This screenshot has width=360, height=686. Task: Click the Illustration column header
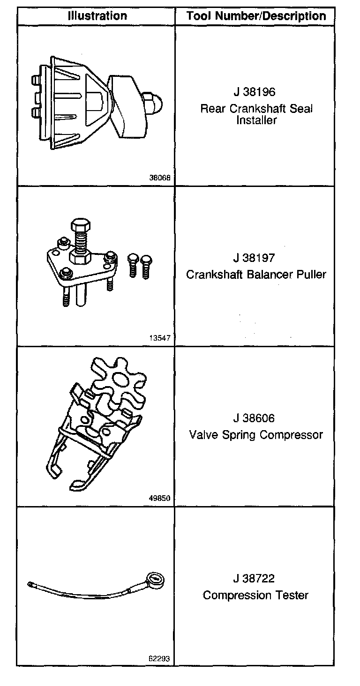pyautogui.click(x=97, y=15)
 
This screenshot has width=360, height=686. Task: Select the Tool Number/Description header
pyautogui.click(x=255, y=16)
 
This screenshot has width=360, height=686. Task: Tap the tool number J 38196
pyautogui.click(x=255, y=91)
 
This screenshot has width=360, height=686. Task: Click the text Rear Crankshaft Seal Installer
pyautogui.click(x=256, y=114)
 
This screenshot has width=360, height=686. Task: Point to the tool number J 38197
pyautogui.click(x=255, y=258)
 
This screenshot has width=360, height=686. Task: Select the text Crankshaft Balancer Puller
pyautogui.click(x=255, y=274)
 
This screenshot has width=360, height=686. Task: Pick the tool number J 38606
pyautogui.click(x=255, y=418)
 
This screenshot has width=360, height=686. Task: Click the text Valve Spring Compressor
pyautogui.click(x=256, y=435)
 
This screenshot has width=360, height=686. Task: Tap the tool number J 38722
pyautogui.click(x=255, y=579)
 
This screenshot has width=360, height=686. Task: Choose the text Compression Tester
pyautogui.click(x=255, y=595)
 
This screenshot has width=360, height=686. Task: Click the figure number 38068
pyautogui.click(x=159, y=178)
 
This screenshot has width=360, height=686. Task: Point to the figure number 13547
pyautogui.click(x=159, y=338)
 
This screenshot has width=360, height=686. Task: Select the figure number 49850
pyautogui.click(x=159, y=499)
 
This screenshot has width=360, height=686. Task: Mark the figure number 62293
pyautogui.click(x=159, y=658)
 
